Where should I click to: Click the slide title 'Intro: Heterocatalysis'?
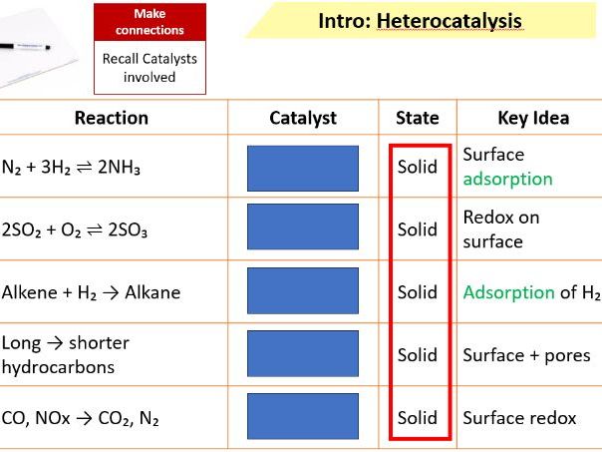[419, 21]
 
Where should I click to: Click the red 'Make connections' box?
[150, 22]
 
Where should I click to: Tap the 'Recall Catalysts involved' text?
[150, 68]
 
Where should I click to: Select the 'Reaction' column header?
[112, 118]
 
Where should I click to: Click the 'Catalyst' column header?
[303, 118]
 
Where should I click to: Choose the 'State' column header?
[417, 118]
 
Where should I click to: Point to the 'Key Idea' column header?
[532, 118]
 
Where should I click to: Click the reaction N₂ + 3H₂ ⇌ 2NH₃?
[71, 168]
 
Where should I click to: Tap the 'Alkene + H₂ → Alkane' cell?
[91, 292]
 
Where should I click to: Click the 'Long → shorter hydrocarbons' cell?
[66, 354]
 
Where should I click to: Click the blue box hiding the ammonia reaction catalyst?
[303, 168]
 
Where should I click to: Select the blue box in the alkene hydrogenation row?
[303, 292]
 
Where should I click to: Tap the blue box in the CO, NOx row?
[303, 417]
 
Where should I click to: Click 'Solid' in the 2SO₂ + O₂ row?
[418, 229]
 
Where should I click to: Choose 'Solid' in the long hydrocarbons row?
[418, 354]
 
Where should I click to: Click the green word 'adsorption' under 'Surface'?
[507, 180]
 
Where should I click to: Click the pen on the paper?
[25, 46]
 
